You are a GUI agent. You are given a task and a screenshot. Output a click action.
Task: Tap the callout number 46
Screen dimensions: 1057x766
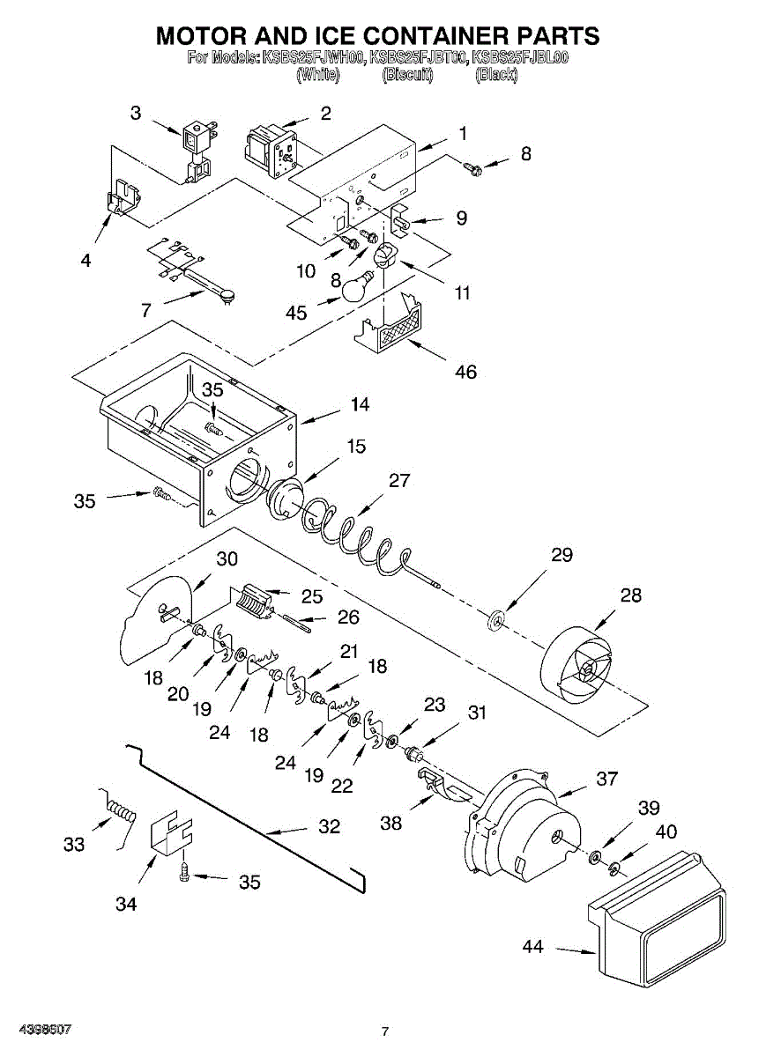coord(465,372)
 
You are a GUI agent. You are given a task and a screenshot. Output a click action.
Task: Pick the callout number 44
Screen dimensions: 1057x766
coord(532,947)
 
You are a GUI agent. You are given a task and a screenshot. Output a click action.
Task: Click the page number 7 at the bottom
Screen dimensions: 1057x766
coord(384,1031)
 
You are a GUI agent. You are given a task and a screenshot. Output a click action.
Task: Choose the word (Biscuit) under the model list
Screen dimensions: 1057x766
coord(407,75)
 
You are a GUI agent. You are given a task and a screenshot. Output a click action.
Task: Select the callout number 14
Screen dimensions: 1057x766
coord(359,405)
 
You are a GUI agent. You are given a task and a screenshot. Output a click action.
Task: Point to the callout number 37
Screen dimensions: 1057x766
coord(606,779)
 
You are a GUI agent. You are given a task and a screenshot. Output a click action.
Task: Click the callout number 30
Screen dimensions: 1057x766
coord(227,558)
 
